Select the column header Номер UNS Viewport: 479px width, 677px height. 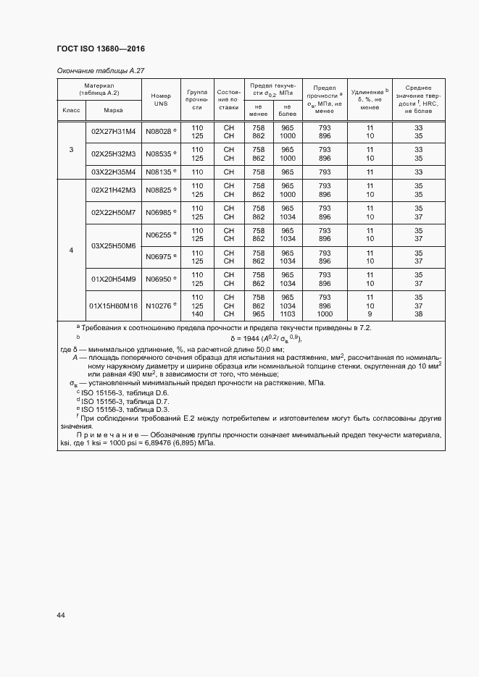[x=160, y=100]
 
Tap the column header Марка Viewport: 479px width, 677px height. [x=113, y=111]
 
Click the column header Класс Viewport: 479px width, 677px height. [x=71, y=111]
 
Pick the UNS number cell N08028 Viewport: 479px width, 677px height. [x=159, y=132]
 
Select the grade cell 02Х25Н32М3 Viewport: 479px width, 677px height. [x=113, y=154]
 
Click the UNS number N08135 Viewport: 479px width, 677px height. [x=159, y=172]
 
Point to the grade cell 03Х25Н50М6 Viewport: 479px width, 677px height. [x=113, y=245]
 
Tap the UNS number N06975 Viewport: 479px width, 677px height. [x=159, y=256]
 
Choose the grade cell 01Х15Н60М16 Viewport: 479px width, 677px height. [x=113, y=306]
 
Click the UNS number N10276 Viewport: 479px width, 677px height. [x=159, y=306]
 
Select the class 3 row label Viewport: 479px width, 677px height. [x=71, y=150]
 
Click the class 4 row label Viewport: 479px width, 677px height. [x=71, y=251]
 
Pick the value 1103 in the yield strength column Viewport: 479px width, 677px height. [x=288, y=314]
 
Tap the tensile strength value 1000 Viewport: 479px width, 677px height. [x=325, y=314]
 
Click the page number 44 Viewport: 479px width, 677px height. [x=61, y=615]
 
